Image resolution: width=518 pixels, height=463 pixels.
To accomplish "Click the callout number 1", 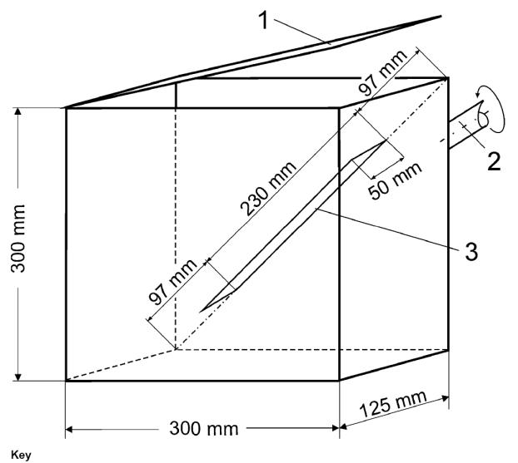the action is click(x=263, y=21).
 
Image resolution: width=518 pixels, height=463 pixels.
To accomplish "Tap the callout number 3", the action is click(x=471, y=251).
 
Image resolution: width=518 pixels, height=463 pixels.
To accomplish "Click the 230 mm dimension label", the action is click(x=268, y=189).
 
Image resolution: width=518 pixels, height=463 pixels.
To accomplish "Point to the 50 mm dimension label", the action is click(x=395, y=180).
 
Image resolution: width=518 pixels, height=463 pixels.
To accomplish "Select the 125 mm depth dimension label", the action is click(x=393, y=404).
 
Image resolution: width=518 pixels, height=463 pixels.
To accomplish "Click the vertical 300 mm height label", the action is click(x=18, y=239).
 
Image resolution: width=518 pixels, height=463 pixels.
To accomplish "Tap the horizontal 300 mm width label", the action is click(x=204, y=429).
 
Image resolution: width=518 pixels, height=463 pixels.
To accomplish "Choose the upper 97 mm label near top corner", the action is click(x=382, y=73).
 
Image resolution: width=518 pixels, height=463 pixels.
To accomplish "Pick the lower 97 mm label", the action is click(x=172, y=281).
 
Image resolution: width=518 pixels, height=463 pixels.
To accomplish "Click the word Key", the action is click(x=21, y=455).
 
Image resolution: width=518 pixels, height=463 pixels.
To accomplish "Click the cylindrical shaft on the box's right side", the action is click(x=466, y=126).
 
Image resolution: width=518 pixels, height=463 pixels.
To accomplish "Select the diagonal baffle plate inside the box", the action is click(x=292, y=226).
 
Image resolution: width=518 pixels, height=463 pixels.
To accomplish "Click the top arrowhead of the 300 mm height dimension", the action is click(x=18, y=111).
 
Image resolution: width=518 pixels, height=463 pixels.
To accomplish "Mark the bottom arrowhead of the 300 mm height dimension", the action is click(x=18, y=377).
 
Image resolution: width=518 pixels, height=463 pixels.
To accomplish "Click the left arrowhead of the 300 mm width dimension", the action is click(x=69, y=430).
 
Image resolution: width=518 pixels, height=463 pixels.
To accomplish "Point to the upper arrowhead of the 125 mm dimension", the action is click(x=446, y=398).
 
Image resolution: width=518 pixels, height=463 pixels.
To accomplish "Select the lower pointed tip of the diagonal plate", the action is click(x=200, y=312).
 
